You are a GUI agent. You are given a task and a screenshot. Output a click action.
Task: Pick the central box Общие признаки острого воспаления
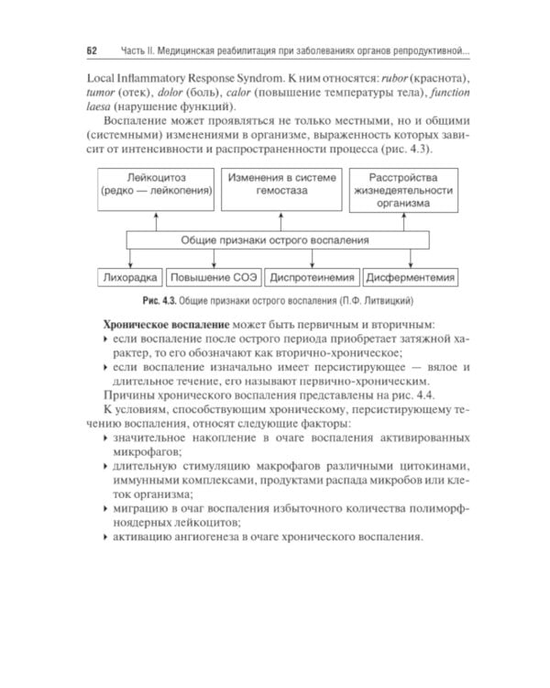(276, 240)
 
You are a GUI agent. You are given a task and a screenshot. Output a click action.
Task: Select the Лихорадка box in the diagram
(130, 276)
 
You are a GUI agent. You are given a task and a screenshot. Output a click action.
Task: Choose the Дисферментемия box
(411, 276)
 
